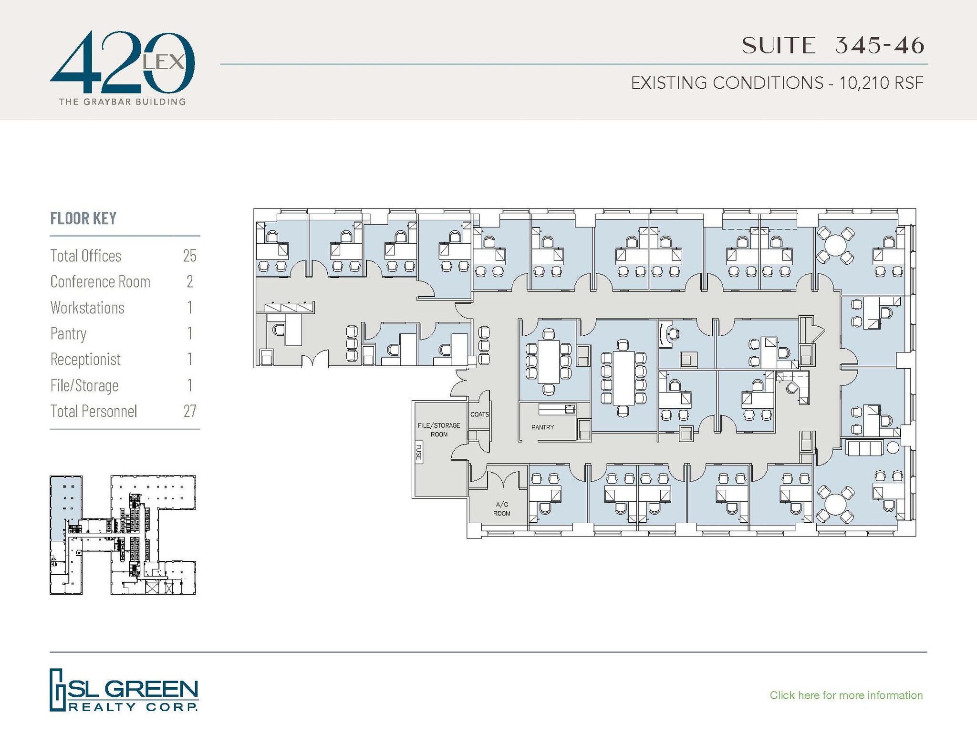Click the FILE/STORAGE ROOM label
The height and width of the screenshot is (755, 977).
(x=438, y=430)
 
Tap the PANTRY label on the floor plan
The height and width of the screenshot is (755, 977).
(x=542, y=427)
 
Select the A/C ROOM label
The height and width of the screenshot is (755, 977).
(x=501, y=509)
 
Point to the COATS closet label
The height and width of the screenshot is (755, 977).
(x=479, y=414)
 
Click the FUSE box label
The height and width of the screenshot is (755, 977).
(x=418, y=452)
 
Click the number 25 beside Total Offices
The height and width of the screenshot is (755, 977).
(x=189, y=256)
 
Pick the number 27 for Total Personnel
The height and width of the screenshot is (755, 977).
(x=189, y=411)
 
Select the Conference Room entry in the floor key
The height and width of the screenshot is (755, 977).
(x=100, y=282)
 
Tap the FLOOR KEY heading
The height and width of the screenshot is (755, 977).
(x=83, y=218)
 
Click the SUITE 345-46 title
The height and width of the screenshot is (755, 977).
(x=832, y=46)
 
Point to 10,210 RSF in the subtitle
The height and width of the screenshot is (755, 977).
(x=881, y=83)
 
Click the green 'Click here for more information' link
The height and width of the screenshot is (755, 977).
(x=846, y=695)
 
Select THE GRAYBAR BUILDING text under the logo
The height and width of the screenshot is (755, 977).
(x=122, y=102)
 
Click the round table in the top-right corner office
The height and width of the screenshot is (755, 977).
(x=835, y=246)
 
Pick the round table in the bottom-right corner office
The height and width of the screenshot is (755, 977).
(x=835, y=504)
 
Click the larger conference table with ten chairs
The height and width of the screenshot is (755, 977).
(x=623, y=377)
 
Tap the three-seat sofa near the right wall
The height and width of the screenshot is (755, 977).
(x=864, y=448)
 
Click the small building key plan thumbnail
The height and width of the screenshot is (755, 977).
(x=123, y=535)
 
